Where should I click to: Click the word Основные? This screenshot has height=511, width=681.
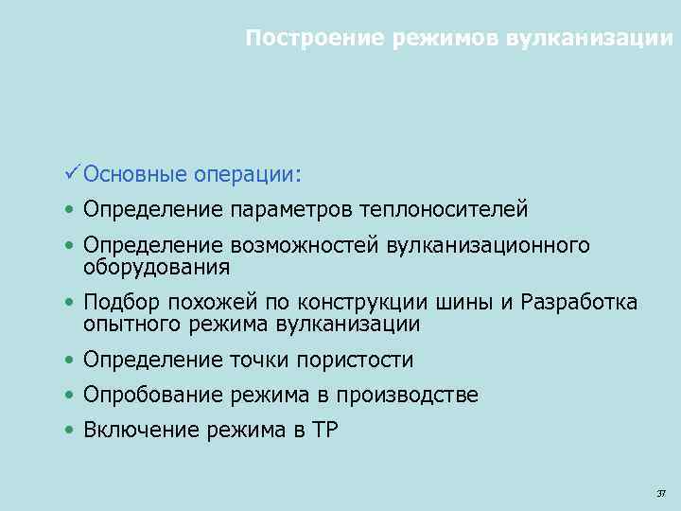tap(122, 174)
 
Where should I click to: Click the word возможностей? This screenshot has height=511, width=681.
tap(305, 246)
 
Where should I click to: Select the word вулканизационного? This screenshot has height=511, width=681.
tap(489, 246)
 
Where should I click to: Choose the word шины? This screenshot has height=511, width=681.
tap(464, 303)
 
